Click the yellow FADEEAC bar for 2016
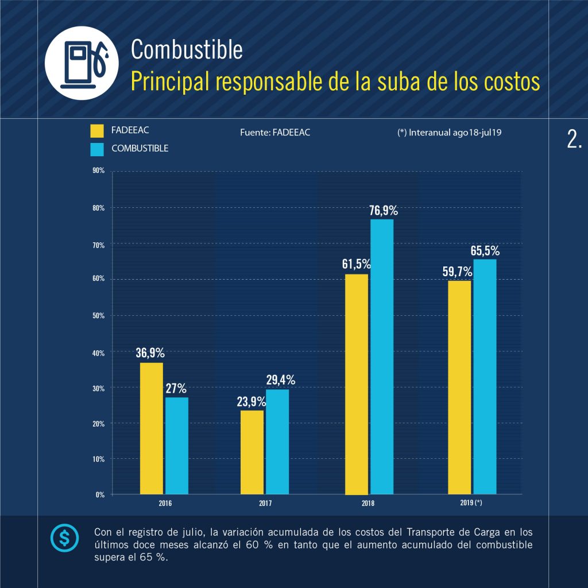tap(152, 428)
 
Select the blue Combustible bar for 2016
tap(177, 445)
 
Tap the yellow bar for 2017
tap(252, 451)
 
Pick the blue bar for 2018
tap(382, 356)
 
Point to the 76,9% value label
tap(384, 211)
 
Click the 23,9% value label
tap(251, 401)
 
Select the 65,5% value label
tap(485, 251)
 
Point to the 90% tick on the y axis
tap(98, 171)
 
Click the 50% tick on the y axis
tap(98, 316)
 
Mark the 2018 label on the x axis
tap(368, 503)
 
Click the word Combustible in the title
tap(187, 50)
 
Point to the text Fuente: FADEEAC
tap(275, 132)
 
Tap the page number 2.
tap(574, 140)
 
